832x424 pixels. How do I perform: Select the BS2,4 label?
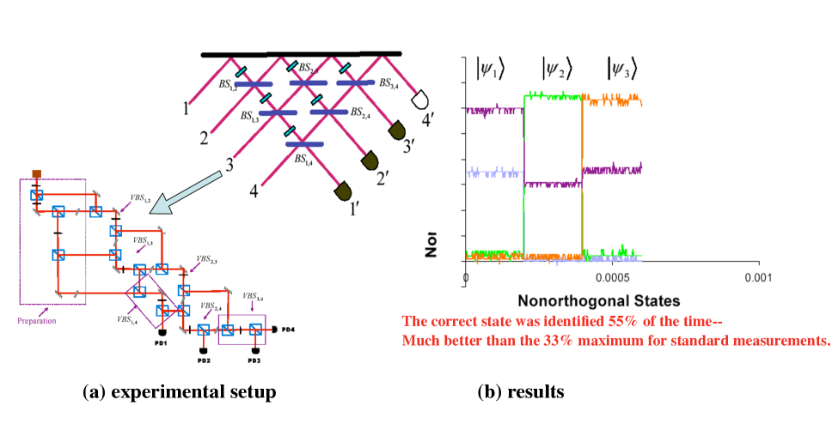[x=362, y=112]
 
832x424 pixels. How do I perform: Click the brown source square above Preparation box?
[x=37, y=174]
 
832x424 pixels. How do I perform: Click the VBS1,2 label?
[x=140, y=200]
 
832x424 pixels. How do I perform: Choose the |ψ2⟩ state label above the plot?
[x=556, y=67]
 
